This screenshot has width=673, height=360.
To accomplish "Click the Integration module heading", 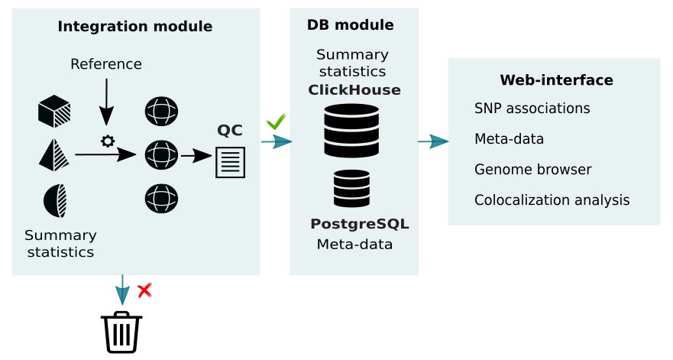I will (x=135, y=27).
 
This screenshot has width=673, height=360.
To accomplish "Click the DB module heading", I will (x=351, y=25).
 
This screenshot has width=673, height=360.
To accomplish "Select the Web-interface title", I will (x=556, y=79).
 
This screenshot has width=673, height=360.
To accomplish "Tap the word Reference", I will (x=106, y=63).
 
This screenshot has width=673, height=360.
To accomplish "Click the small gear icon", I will (x=107, y=141).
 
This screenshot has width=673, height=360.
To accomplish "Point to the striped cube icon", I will (x=54, y=112).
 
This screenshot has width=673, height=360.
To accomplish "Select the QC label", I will (x=230, y=130).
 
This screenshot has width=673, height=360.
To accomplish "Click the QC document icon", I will (x=231, y=162).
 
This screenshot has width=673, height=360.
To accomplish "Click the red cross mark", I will (x=144, y=290).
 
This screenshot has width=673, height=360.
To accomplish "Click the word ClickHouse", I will (x=354, y=89).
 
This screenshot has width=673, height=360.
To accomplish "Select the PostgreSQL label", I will (x=359, y=224).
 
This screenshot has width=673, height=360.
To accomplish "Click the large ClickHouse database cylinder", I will (x=352, y=131).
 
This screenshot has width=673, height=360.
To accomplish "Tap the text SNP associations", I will (x=532, y=108).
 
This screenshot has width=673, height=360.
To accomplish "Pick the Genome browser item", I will (x=532, y=169).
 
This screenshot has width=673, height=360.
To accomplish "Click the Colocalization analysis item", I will (x=552, y=200).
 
